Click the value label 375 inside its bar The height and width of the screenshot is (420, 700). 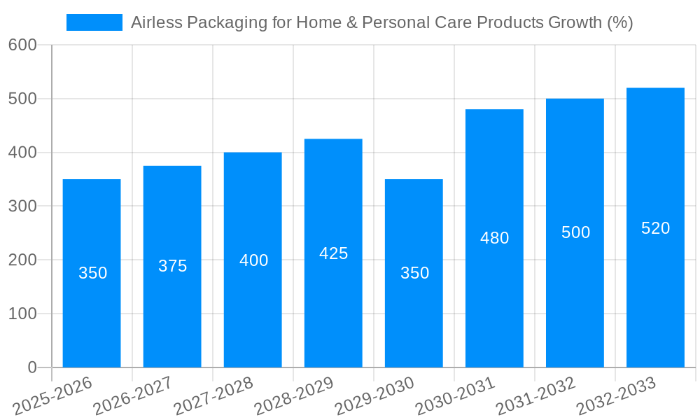click(x=172, y=266)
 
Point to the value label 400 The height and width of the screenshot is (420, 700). click(x=253, y=260)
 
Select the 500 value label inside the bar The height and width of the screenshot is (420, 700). click(x=575, y=232)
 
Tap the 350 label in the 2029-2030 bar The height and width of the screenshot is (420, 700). click(x=414, y=273)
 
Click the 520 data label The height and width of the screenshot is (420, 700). click(x=655, y=228)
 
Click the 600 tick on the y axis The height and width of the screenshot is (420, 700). click(x=22, y=45)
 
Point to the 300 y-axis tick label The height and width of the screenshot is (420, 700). click(x=22, y=206)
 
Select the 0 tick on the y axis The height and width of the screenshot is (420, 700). click(x=32, y=367)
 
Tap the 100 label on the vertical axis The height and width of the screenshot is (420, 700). click(x=22, y=314)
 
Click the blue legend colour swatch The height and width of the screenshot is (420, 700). click(x=94, y=22)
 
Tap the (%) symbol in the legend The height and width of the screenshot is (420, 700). click(x=619, y=22)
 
